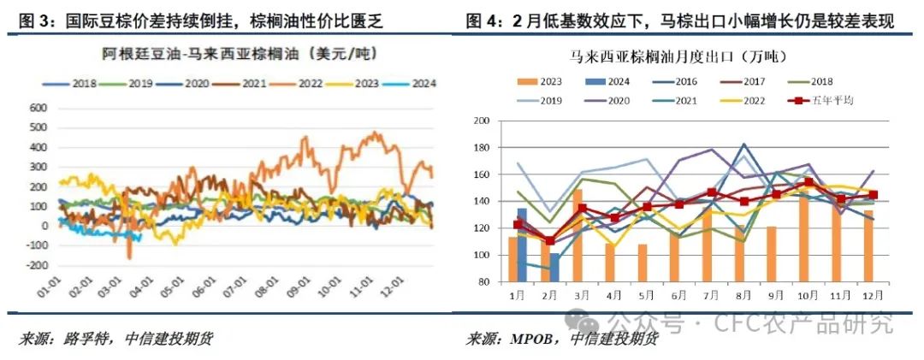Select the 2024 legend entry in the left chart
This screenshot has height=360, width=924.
pyautogui.click(x=413, y=83)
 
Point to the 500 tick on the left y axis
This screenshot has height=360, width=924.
pyautogui.click(x=36, y=127)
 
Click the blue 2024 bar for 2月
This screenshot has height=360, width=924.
pyautogui.click(x=554, y=267)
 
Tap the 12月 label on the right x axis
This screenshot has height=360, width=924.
pyautogui.click(x=865, y=295)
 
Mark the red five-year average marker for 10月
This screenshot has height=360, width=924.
pyautogui.click(x=809, y=182)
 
